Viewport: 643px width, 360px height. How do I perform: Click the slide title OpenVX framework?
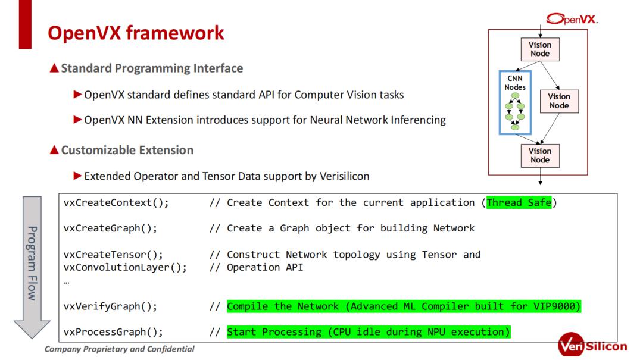click(x=136, y=33)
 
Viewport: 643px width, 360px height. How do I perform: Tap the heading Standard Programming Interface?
click(x=152, y=68)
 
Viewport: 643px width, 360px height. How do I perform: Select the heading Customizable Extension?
click(x=127, y=150)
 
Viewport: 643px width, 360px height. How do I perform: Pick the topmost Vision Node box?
click(x=540, y=49)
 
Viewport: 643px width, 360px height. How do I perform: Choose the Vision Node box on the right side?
click(x=558, y=101)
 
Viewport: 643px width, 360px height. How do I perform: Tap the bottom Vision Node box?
click(x=540, y=155)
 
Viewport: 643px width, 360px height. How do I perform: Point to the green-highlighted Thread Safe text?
click(x=519, y=202)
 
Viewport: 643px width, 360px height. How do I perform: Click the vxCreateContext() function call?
click(x=116, y=202)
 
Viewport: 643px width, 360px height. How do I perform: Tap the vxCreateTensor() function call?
click(x=113, y=255)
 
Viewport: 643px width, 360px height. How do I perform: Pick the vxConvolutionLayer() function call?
click(x=125, y=267)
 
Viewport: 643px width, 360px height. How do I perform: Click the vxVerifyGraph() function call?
click(x=111, y=306)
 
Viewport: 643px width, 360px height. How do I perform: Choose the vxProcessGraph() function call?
click(x=113, y=331)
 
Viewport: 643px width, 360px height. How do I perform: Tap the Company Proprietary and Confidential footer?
click(x=119, y=349)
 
